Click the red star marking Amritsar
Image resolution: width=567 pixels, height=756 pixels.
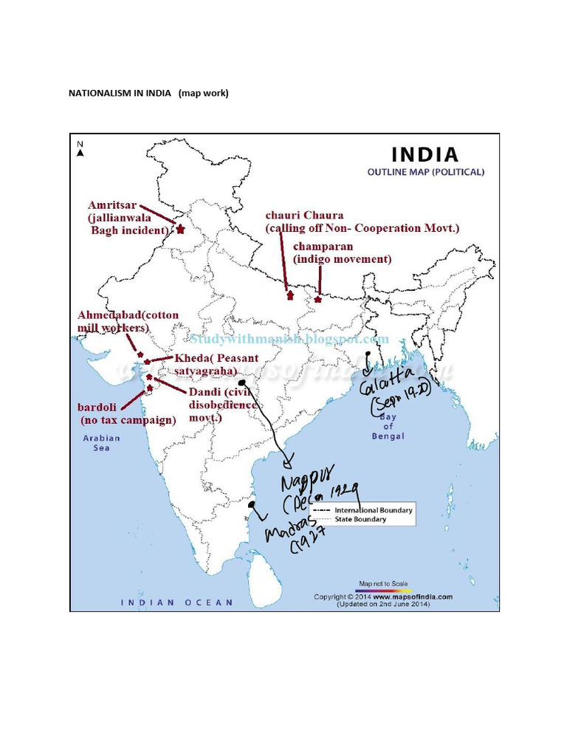coord(180,230)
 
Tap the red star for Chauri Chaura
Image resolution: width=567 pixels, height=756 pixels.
coord(290,296)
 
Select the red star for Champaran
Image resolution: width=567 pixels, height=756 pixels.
coord(318,299)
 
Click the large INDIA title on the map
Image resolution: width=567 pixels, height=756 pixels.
coord(425,155)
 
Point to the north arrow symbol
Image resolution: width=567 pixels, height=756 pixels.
coord(80,149)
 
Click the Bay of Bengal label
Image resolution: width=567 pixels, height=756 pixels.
coord(388,427)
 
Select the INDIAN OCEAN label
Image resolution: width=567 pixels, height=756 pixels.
coord(177,602)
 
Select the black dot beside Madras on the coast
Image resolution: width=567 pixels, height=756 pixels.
coord(252,505)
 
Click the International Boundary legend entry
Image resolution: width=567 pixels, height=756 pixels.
coord(373,510)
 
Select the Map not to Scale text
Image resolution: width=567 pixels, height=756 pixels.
coord(382,583)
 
